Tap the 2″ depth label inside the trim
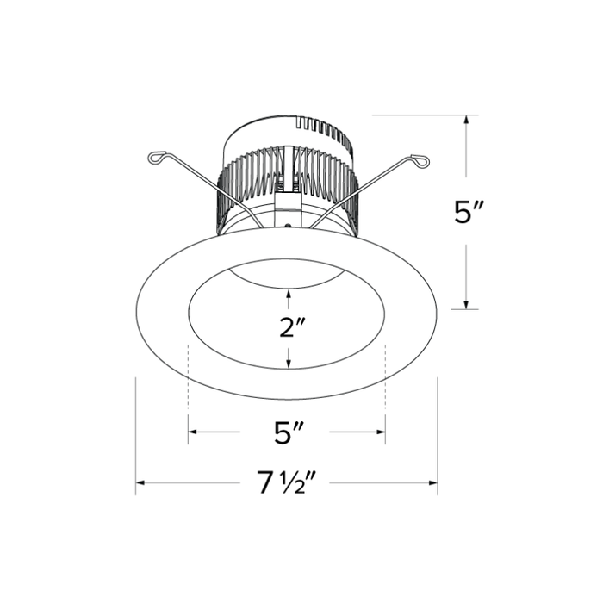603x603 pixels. point(288,327)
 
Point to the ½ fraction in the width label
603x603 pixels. point(290,484)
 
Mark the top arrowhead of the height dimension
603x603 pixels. point(466,121)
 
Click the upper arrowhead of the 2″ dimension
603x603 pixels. point(288,295)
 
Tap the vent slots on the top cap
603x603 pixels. point(323,132)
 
